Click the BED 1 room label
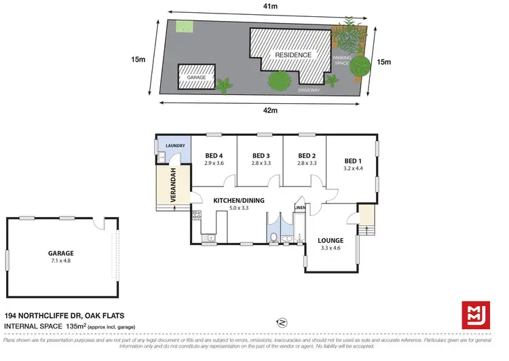(351, 161)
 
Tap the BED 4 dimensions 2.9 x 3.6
(214, 163)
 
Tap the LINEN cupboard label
(300, 207)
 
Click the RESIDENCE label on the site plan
(293, 55)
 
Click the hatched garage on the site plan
(196, 77)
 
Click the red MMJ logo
(476, 316)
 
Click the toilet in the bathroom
(273, 237)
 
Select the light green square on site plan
(184, 27)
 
